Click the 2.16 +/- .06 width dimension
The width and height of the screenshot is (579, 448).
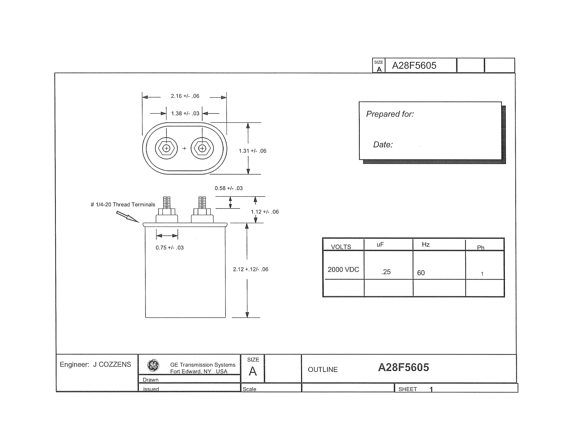pos(185,96)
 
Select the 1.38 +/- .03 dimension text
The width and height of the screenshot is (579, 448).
pos(185,113)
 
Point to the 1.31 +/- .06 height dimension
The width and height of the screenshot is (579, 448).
pos(253,151)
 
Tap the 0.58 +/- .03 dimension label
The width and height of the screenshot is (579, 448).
pos(229,188)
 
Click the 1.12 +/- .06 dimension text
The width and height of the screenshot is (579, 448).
pos(265,212)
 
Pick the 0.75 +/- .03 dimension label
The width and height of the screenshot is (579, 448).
pos(170,247)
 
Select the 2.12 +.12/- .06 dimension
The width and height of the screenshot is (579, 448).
pos(250,269)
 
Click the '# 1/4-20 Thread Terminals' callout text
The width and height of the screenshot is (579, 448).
pos(123,205)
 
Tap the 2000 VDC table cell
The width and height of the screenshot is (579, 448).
pos(343,269)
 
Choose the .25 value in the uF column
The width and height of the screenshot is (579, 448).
pos(386,272)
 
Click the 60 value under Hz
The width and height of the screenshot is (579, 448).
pos(421,273)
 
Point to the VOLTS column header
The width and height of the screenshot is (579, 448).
pos(341,247)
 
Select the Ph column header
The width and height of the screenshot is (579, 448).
pos(481,248)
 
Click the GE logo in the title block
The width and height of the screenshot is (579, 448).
pos(153,365)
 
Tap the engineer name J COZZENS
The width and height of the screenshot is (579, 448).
pos(112,365)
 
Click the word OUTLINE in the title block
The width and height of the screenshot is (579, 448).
pos(323,370)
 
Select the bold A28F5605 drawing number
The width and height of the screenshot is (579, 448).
pos(403,368)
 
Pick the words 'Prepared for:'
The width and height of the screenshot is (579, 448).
pos(390,114)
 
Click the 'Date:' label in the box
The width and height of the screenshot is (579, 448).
pos(383,145)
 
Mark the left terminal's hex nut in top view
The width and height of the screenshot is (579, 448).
pos(166,148)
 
